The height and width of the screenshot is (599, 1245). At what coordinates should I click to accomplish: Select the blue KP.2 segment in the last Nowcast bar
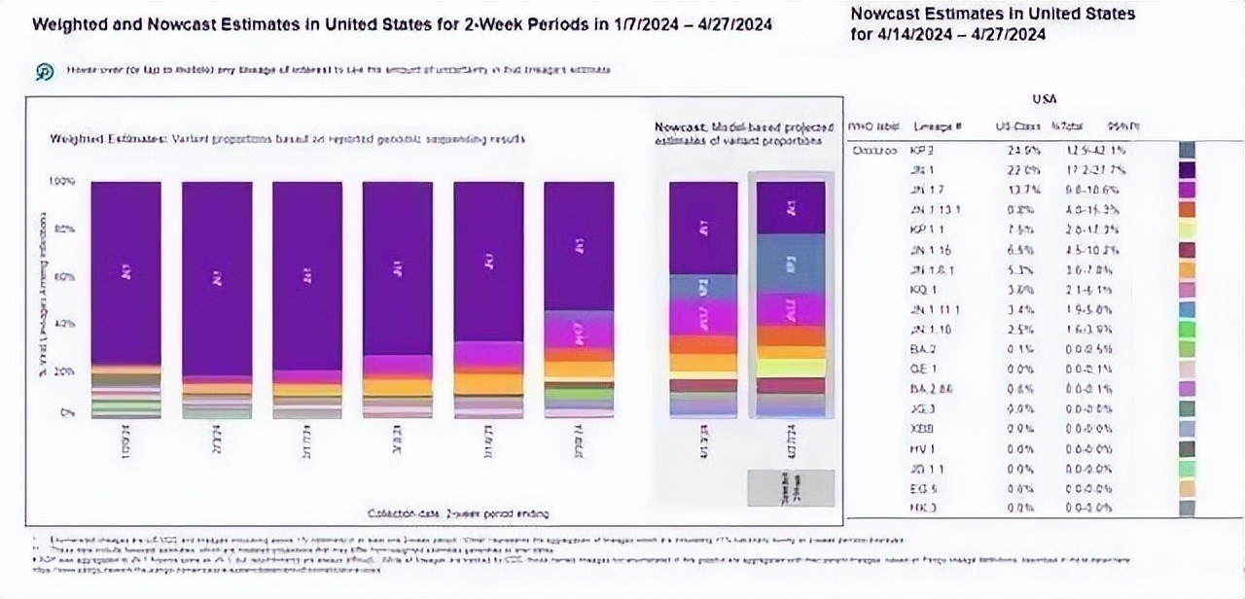click(790, 264)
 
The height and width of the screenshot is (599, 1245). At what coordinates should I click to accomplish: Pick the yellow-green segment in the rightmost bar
click(790, 368)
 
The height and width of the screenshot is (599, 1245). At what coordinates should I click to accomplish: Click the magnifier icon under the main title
click(45, 72)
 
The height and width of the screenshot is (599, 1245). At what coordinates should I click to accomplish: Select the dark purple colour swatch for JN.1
click(1187, 169)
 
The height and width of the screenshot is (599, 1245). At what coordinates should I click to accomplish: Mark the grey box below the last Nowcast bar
click(790, 487)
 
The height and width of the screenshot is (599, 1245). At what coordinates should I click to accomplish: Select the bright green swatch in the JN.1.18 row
click(1187, 329)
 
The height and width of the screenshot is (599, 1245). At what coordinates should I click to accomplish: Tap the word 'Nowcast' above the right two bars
click(673, 126)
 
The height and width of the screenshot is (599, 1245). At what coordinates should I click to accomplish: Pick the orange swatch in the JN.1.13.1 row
click(1187, 209)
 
